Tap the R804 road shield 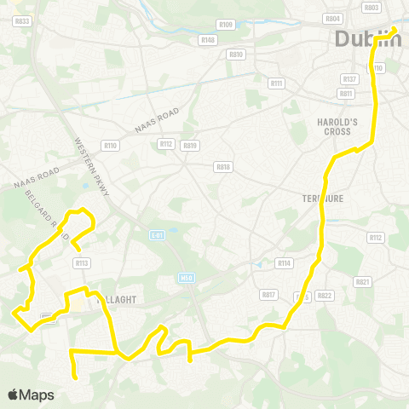(x=333, y=18)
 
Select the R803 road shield (x=371, y=7)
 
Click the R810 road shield (x=236, y=55)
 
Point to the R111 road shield (x=276, y=83)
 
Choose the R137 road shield (x=348, y=78)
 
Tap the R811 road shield (x=345, y=94)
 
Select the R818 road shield (x=223, y=167)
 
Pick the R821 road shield (x=363, y=281)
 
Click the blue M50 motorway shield (x=187, y=278)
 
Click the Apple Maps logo (x=31, y=395)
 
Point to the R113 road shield (x=82, y=263)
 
